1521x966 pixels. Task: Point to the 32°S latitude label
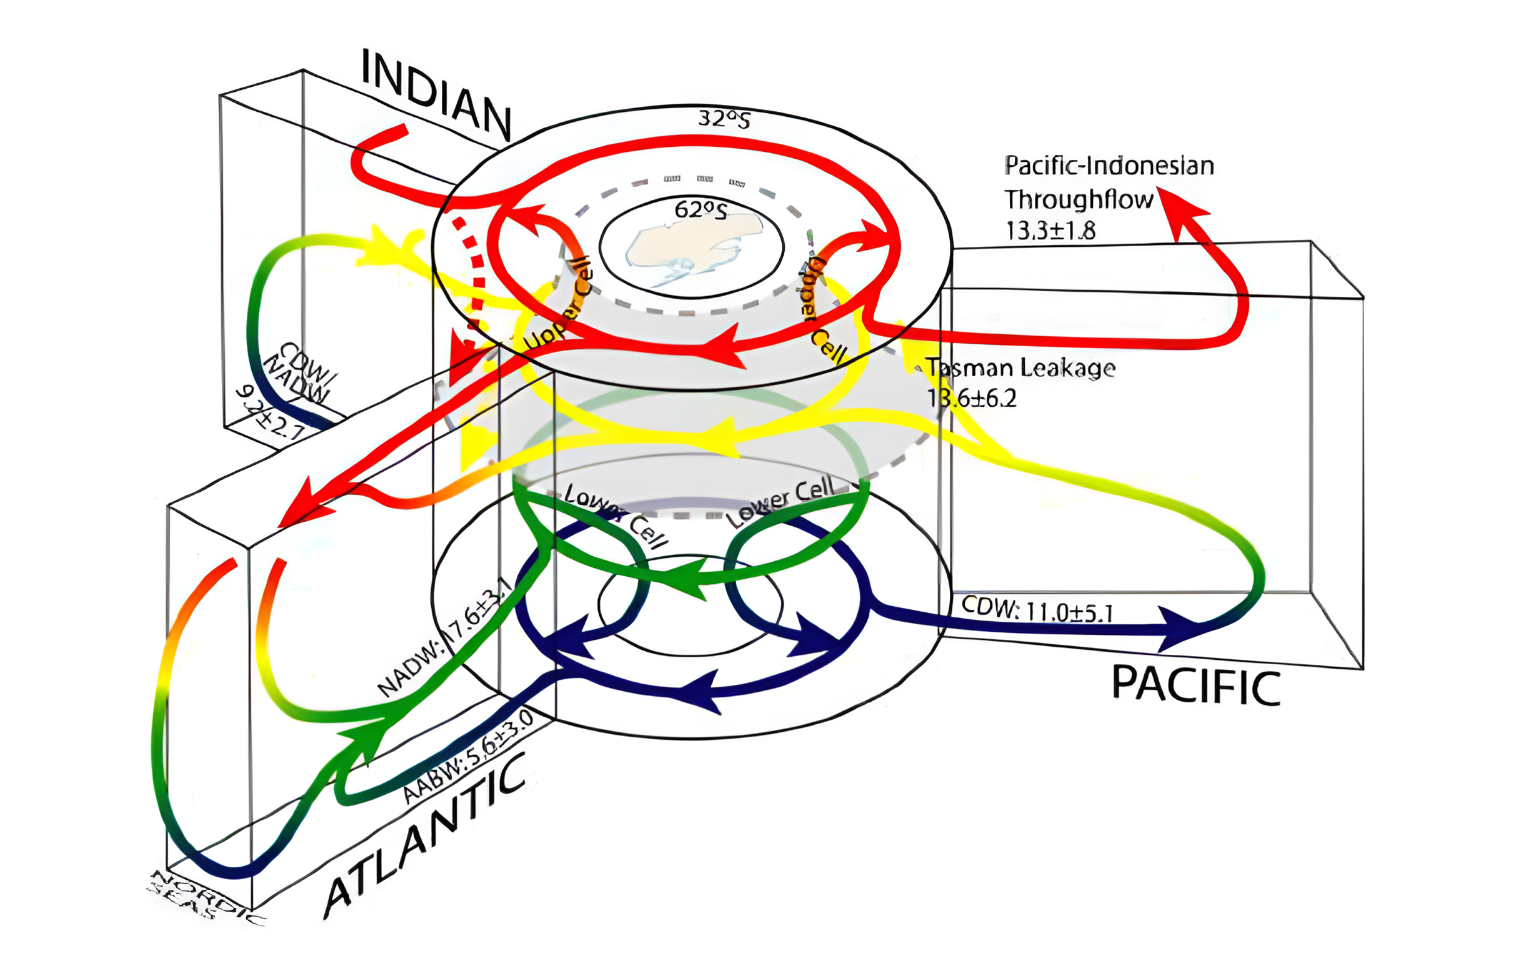coord(724,118)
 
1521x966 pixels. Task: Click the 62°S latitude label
coord(701,209)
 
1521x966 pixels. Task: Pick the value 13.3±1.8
coord(1050,231)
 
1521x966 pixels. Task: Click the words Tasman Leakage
coord(1020,367)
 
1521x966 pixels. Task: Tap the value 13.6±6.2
coord(972,399)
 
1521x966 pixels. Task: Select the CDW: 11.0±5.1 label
coord(1037,609)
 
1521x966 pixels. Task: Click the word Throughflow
coord(1079,200)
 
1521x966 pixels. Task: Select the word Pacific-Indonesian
coord(1109,166)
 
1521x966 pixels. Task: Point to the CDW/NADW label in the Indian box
coord(299,374)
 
